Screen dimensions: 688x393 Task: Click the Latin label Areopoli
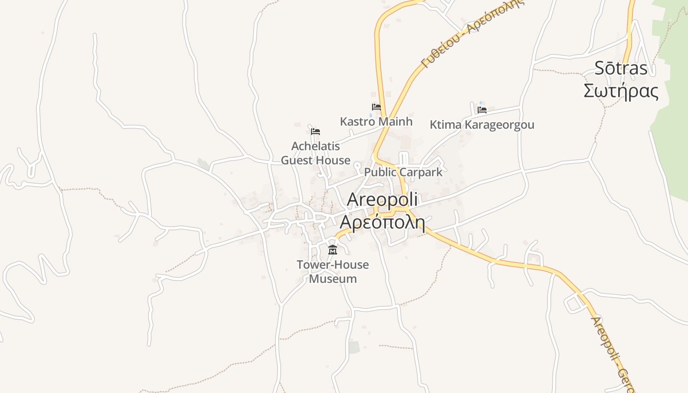coord(382,199)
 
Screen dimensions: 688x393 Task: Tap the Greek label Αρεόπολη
coord(382,222)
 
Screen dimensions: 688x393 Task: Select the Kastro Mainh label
coord(376,121)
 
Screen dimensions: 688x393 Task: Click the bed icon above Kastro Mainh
coord(376,107)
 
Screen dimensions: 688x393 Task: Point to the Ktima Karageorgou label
coord(482,125)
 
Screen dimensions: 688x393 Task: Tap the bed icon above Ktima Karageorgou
coord(482,110)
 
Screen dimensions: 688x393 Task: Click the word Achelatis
coord(315,146)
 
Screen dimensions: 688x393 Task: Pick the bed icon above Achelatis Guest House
coord(315,131)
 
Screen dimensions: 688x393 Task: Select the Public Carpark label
coord(403,172)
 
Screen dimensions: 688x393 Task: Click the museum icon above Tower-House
coord(333,250)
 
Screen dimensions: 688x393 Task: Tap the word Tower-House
coord(333,265)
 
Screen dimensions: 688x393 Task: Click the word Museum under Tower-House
coord(333,279)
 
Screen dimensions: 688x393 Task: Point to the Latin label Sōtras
coord(621,68)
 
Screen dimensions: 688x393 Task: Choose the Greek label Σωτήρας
coord(621,91)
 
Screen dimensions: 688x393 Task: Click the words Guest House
coord(315,160)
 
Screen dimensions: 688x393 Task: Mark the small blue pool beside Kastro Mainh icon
coord(371,115)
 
